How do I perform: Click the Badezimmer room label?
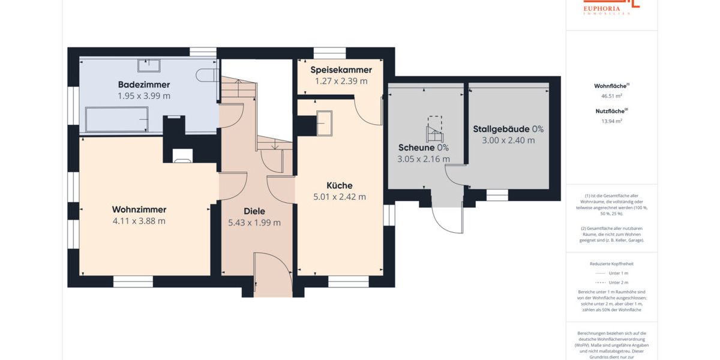pyautogui.click(x=144, y=85)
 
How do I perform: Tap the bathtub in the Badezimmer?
pyautogui.click(x=118, y=119)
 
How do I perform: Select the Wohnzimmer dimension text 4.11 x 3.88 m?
pyautogui.click(x=139, y=221)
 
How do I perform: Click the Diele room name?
pyautogui.click(x=254, y=211)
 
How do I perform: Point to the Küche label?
pyautogui.click(x=340, y=185)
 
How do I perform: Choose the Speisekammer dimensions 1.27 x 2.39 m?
pyautogui.click(x=341, y=81)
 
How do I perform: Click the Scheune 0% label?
pyautogui.click(x=424, y=148)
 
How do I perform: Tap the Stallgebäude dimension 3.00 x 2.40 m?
pyautogui.click(x=508, y=140)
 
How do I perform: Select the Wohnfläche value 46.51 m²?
pyautogui.click(x=611, y=95)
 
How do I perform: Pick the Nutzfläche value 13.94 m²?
pyautogui.click(x=611, y=121)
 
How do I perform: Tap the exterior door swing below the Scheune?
pyautogui.click(x=447, y=219)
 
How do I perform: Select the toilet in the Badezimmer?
pyautogui.click(x=208, y=74)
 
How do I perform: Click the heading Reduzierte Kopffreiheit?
pyautogui.click(x=611, y=263)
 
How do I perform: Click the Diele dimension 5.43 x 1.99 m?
pyautogui.click(x=254, y=223)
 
